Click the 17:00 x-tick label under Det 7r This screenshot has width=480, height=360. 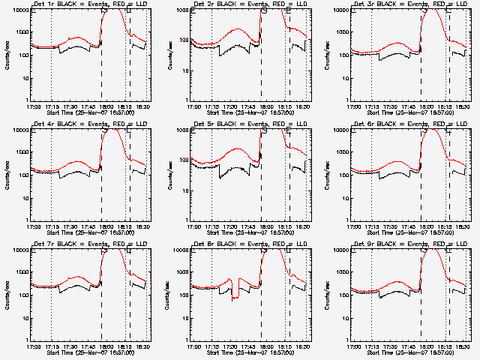[34, 346]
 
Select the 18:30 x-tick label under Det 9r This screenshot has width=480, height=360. [464, 346]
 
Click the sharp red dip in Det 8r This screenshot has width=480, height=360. [235, 297]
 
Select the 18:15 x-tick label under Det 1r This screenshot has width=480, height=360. [126, 106]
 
